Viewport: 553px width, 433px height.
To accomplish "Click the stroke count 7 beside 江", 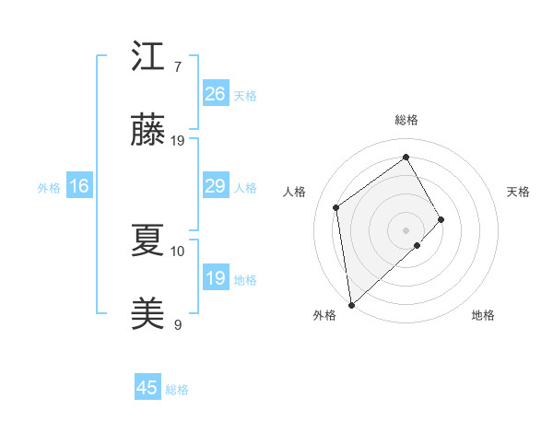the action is pyautogui.click(x=177, y=67).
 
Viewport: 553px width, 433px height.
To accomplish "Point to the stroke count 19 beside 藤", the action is pyautogui.click(x=178, y=141).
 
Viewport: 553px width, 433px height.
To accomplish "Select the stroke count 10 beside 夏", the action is pyautogui.click(x=178, y=251).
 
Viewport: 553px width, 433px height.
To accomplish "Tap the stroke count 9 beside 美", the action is pyautogui.click(x=177, y=324).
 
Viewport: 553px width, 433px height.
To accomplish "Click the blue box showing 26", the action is pyautogui.click(x=215, y=94).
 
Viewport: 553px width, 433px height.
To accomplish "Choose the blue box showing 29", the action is pyautogui.click(x=215, y=186).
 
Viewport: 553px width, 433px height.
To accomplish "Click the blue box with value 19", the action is pyautogui.click(x=215, y=278).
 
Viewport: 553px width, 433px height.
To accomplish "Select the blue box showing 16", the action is pyautogui.click(x=79, y=186).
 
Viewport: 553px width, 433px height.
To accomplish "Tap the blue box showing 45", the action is pyautogui.click(x=147, y=388).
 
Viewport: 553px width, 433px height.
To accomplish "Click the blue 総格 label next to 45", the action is pyautogui.click(x=177, y=390).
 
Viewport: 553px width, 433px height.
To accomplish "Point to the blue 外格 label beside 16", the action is pyautogui.click(x=49, y=188).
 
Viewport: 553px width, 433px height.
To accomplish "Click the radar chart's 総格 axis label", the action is pyautogui.click(x=406, y=120).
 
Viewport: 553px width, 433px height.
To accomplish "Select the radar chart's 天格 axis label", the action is pyautogui.click(x=519, y=192).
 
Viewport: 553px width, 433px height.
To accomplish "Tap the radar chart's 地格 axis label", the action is pyautogui.click(x=483, y=315).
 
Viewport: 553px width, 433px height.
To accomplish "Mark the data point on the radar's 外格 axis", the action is pyautogui.click(x=350, y=304).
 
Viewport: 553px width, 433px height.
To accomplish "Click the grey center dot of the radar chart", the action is pyautogui.click(x=406, y=228).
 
